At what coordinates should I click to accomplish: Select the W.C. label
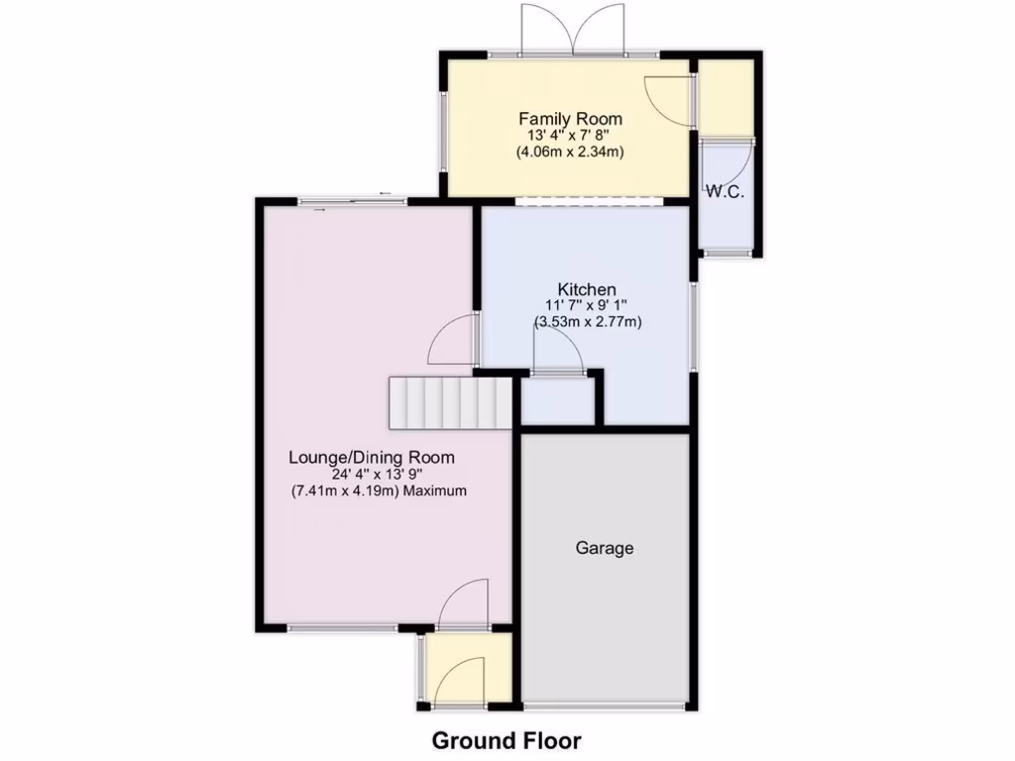725,192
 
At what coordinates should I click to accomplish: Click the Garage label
605,548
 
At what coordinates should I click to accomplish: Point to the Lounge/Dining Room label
372,458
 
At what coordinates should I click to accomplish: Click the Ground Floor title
507,740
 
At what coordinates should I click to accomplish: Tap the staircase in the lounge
450,402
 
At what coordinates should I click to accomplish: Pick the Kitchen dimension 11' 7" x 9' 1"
586,306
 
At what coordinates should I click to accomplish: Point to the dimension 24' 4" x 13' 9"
373,475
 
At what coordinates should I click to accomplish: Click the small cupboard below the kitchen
557,401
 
